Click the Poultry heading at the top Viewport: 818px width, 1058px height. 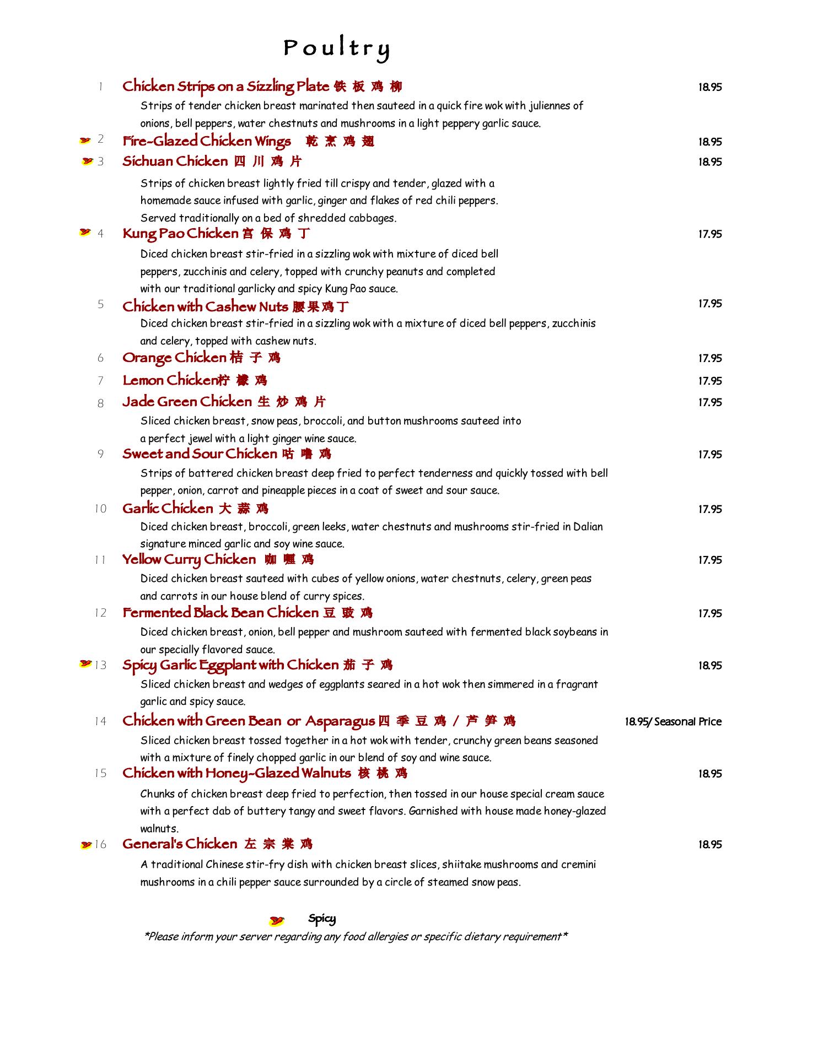(337, 48)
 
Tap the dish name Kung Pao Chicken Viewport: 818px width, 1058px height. (180, 234)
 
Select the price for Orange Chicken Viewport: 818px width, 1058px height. (710, 358)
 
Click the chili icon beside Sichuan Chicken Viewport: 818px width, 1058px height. (87, 161)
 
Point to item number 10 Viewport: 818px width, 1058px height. (100, 509)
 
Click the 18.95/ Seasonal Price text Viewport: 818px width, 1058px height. (673, 721)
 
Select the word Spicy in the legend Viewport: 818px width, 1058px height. (322, 919)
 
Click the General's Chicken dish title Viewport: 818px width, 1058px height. (180, 844)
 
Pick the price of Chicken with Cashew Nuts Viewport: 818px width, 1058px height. (710, 304)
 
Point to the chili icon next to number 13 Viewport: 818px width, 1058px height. (85, 664)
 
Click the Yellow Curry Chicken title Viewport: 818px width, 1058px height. (189, 560)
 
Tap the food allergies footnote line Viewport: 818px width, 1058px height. (356, 937)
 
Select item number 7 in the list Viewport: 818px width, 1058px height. (100, 381)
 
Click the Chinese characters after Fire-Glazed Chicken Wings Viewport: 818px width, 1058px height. (340, 142)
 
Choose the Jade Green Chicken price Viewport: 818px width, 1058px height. (710, 402)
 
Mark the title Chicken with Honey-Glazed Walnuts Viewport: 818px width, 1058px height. (236, 774)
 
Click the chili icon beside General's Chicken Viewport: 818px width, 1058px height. (86, 845)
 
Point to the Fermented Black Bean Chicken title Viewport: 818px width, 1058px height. (220, 613)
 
